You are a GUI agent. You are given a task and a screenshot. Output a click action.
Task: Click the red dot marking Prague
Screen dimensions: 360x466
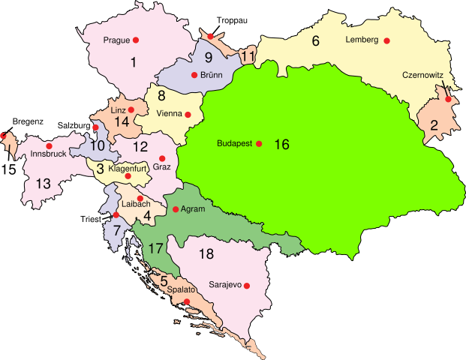(137, 40)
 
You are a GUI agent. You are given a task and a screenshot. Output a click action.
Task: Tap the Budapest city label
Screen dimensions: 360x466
(233, 143)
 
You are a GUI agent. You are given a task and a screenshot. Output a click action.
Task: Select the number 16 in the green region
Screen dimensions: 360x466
(281, 144)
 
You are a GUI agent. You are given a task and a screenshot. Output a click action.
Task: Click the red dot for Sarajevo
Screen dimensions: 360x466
(246, 286)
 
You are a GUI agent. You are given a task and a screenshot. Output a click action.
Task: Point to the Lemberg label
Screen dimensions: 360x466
(362, 40)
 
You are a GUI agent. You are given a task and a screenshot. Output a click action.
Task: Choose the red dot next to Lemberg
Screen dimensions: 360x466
(387, 40)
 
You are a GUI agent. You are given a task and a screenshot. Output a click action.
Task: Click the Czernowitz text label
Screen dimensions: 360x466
(422, 75)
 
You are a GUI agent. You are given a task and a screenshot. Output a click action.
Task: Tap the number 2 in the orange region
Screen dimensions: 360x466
(434, 125)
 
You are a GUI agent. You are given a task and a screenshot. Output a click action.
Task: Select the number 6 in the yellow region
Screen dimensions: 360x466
(315, 41)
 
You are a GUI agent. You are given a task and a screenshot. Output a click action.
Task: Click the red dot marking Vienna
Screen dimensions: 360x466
(188, 115)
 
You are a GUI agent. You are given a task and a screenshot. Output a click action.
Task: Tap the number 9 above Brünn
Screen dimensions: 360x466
(209, 58)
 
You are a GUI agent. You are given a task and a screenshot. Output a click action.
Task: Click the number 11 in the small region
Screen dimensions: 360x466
(249, 57)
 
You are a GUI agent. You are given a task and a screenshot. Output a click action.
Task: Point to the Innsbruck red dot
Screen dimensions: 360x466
(49, 145)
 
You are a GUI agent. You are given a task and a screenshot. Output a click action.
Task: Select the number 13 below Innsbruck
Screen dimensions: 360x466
(43, 183)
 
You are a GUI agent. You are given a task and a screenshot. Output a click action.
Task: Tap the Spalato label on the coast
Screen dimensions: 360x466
(182, 289)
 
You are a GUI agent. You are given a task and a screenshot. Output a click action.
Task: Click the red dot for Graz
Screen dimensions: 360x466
(162, 158)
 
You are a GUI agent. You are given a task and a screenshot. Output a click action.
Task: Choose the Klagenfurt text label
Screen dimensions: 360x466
(126, 169)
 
